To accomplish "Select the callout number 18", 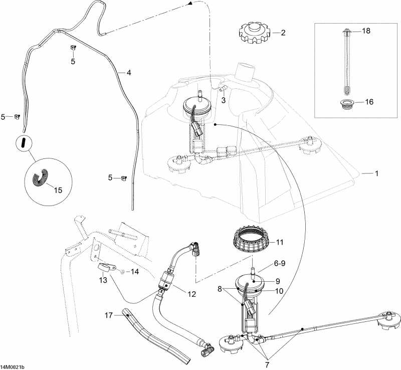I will (366, 31).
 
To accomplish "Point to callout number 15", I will (58, 191).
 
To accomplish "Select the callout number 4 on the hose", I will (129, 73).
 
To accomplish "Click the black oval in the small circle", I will (23, 142).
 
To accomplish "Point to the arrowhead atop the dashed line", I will (190, 4).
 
